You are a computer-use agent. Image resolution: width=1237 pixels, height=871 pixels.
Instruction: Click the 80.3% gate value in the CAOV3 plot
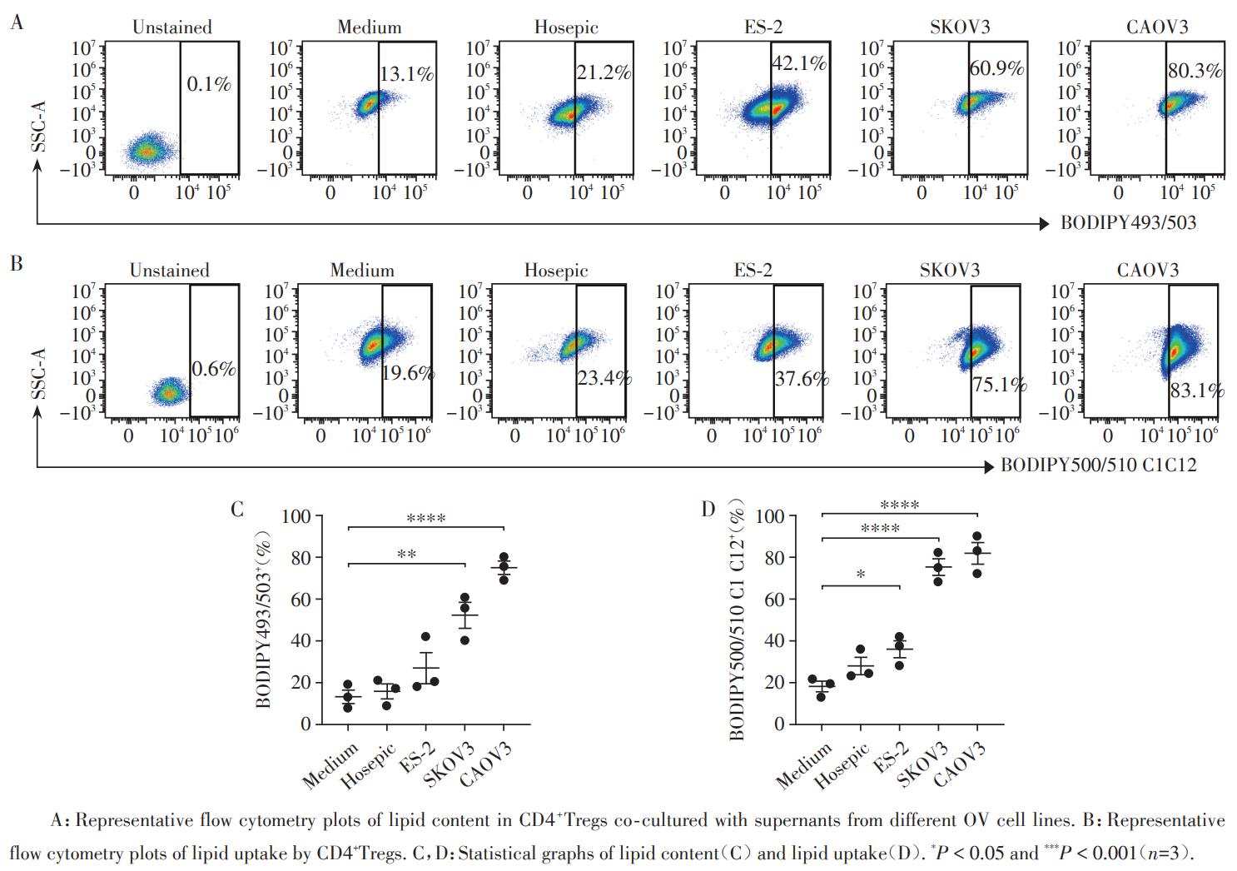(x=1195, y=71)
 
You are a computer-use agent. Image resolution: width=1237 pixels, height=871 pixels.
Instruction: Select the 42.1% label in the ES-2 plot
(x=799, y=63)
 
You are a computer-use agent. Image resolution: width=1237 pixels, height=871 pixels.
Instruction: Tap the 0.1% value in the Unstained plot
(x=208, y=84)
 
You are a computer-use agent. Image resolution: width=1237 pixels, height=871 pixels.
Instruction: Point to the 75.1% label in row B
(x=999, y=385)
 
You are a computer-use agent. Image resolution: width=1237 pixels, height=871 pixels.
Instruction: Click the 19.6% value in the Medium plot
(x=408, y=373)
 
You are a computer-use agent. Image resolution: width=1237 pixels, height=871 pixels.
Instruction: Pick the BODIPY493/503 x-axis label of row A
(x=1128, y=223)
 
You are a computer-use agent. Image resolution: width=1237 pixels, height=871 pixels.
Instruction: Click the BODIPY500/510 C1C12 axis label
(x=1098, y=465)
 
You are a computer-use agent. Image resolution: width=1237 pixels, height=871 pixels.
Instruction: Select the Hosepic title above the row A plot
(x=566, y=27)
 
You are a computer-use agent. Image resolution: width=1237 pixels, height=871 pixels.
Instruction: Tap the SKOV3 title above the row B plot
(x=950, y=271)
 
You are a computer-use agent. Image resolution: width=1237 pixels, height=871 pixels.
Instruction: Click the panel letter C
(x=237, y=509)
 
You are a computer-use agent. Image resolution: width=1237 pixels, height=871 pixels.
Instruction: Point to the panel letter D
(x=708, y=509)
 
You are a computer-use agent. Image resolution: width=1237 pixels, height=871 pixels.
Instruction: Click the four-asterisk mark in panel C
(x=426, y=520)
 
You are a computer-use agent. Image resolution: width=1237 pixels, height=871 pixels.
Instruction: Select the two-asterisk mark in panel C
(x=406, y=555)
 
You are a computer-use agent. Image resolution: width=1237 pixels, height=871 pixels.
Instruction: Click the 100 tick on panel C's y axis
(x=296, y=516)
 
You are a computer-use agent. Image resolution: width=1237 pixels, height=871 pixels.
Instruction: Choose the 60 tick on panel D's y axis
(x=774, y=599)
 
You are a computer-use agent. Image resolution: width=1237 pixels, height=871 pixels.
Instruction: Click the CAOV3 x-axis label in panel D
(x=961, y=764)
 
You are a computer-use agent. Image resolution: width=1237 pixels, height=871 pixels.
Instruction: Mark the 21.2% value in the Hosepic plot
(x=604, y=72)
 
